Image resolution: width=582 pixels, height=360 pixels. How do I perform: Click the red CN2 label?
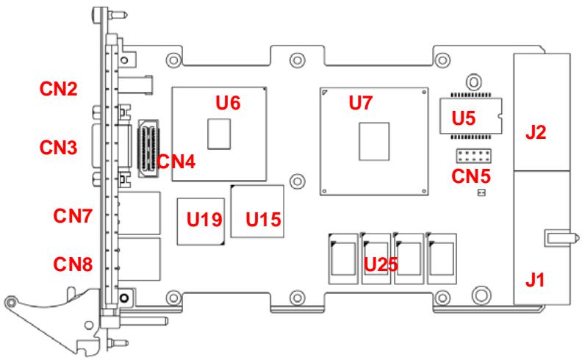click(59, 89)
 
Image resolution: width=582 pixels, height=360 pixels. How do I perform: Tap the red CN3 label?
click(59, 148)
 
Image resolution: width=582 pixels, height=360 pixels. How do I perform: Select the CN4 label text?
click(176, 162)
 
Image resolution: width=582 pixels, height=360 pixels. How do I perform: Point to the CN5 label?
click(471, 176)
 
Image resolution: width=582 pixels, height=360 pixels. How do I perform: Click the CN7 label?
click(73, 215)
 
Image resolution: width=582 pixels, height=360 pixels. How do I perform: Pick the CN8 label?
click(73, 264)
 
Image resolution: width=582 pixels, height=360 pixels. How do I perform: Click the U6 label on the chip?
click(229, 102)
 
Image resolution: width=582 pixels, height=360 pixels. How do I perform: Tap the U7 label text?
click(361, 102)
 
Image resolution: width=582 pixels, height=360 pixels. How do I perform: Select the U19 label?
click(204, 220)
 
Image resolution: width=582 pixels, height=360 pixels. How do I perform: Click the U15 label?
click(264, 220)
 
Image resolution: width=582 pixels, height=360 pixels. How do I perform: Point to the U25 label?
click(381, 264)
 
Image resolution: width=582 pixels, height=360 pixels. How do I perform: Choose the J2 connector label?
click(536, 132)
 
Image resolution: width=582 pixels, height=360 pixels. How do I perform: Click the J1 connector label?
click(535, 280)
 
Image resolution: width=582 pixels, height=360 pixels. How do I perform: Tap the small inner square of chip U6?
click(219, 134)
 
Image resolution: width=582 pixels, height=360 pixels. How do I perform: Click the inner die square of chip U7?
click(374, 141)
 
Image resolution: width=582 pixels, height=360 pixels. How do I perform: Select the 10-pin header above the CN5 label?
click(474, 156)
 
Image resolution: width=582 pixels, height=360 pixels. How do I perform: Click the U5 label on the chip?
click(464, 118)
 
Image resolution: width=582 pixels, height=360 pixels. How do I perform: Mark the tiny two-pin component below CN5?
click(481, 192)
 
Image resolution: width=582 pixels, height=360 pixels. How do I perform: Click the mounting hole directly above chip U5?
click(474, 82)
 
